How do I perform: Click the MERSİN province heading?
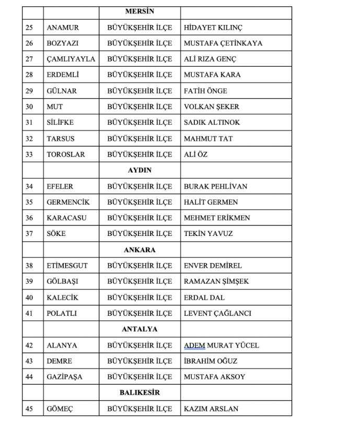click(x=140, y=11)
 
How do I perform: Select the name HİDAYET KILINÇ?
click(x=213, y=27)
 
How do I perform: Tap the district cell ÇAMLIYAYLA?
click(x=71, y=59)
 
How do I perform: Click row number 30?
click(x=29, y=106)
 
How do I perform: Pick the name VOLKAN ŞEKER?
click(x=211, y=106)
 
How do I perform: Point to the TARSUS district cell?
click(x=61, y=139)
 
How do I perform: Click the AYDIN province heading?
click(x=140, y=170)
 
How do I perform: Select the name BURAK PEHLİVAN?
click(x=215, y=186)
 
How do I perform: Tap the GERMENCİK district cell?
click(x=68, y=202)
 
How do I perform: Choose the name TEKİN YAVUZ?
click(x=208, y=234)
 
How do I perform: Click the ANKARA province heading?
click(x=140, y=250)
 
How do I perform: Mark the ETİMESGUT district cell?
click(x=67, y=266)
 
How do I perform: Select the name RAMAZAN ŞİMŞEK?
click(x=216, y=281)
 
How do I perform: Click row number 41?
click(x=29, y=313)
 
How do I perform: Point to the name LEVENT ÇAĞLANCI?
click(x=217, y=313)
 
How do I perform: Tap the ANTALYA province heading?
click(x=140, y=329)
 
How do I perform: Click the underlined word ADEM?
click(x=194, y=345)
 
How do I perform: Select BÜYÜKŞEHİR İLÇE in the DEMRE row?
click(x=140, y=361)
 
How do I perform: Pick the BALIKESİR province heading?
click(x=140, y=393)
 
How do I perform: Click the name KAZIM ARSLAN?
click(x=211, y=409)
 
